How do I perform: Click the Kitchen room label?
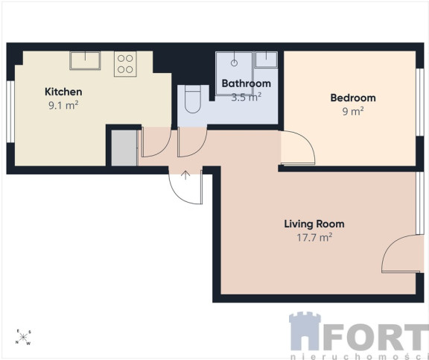[63, 92]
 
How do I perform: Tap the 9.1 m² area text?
[63, 105]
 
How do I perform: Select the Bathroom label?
[247, 83]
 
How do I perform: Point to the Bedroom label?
[353, 98]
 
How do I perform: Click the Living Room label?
[314, 224]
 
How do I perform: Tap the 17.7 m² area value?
[314, 237]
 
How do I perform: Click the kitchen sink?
[85, 60]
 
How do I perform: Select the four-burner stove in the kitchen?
[125, 64]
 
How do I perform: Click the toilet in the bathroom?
[193, 99]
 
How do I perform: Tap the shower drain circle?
[234, 63]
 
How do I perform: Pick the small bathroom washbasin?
[266, 60]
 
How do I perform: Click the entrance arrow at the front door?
[185, 175]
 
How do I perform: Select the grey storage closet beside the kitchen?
[124, 148]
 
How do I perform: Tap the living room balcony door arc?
[389, 247]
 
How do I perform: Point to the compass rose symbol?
[23, 337]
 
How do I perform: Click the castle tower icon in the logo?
[305, 331]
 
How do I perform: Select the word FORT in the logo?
[375, 337]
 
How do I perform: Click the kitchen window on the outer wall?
[10, 111]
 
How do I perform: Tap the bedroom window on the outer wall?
[420, 102]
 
